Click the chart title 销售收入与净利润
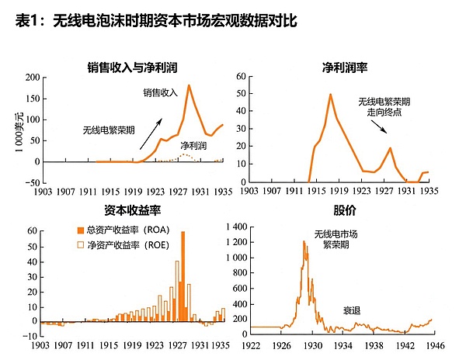click(134, 67)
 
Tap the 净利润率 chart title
click(345, 67)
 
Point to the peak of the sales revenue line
click(188, 85)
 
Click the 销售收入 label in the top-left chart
click(160, 93)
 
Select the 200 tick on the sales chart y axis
click(32, 78)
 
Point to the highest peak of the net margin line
click(330, 95)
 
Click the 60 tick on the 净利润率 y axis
click(242, 78)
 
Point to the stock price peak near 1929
click(304, 242)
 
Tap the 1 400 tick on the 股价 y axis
click(235, 227)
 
